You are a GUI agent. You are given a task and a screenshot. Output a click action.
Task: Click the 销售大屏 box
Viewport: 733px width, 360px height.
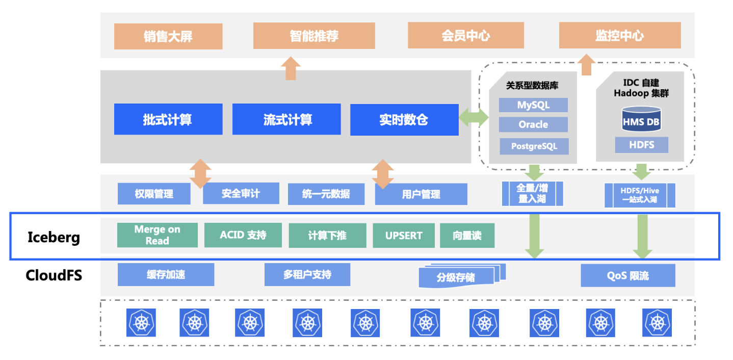pos(168,36)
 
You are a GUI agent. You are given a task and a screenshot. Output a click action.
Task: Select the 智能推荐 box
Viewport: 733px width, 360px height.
pos(313,36)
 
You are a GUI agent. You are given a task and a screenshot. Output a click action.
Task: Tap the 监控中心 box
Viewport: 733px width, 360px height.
pos(619,36)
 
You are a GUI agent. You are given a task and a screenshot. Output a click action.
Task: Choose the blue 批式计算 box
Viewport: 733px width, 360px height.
pos(168,119)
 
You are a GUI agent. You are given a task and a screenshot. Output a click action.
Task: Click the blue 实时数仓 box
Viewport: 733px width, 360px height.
pos(404,119)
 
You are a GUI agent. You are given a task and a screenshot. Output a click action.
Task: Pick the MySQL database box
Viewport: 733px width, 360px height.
pos(533,105)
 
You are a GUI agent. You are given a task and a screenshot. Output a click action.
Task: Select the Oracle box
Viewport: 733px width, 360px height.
pos(533,124)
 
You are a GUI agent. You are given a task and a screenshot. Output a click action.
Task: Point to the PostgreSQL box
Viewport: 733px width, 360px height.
pos(534,146)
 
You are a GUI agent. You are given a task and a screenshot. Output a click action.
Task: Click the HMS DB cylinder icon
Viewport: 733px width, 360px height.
pos(641,119)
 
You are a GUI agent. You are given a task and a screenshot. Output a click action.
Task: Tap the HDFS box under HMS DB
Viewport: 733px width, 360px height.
pos(641,145)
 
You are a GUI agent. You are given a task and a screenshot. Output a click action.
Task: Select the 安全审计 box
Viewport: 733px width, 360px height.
pos(241,194)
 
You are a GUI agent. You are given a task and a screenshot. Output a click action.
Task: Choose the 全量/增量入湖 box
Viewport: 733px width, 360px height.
pos(532,194)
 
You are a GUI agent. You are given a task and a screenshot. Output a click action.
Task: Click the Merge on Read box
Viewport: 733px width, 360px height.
pos(157,235)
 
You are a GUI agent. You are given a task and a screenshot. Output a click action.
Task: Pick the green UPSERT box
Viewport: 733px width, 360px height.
pos(404,235)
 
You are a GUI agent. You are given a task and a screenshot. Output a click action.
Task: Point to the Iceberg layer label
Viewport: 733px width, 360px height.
pos(54,238)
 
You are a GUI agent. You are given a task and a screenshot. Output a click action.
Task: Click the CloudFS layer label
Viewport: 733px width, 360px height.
pos(54,276)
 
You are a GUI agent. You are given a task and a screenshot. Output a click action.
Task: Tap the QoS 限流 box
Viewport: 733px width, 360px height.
pos(628,275)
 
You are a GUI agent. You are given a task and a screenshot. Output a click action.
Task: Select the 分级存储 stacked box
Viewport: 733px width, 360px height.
pos(457,277)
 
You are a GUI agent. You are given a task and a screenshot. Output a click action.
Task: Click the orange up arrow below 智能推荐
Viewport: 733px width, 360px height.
pos(291,68)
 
